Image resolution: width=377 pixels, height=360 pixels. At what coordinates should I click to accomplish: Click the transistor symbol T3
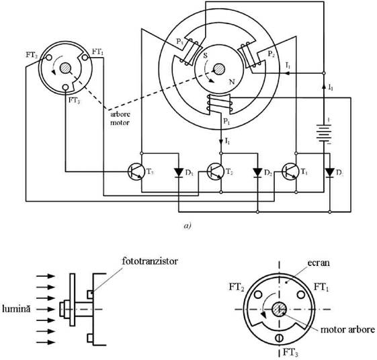coord(136,172)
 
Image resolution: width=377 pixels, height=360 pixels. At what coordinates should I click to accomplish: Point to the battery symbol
coord(324,133)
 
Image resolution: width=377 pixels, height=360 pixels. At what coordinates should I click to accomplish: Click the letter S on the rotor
coord(206,56)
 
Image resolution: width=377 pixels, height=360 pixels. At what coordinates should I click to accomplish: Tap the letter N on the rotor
coord(232,82)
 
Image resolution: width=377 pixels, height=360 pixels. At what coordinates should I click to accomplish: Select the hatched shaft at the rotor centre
coord(219,69)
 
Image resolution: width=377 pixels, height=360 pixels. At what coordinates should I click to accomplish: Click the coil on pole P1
coord(220,103)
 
